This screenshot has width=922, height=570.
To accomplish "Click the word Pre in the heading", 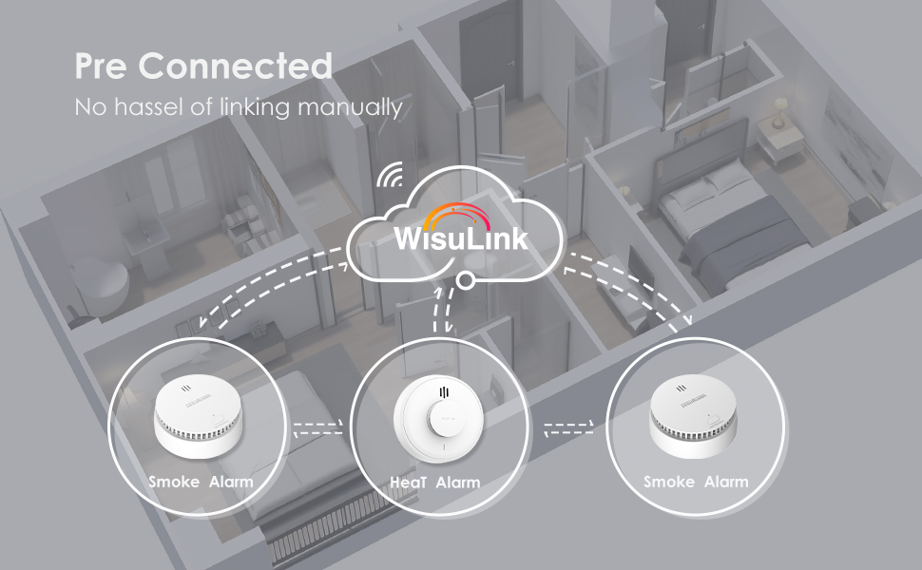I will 103,66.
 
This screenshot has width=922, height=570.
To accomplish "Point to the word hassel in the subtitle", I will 150,106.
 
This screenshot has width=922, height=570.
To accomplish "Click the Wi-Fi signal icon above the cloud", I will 390,175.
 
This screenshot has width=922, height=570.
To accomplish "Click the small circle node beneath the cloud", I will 465,280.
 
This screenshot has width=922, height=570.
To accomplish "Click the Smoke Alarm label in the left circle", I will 201,482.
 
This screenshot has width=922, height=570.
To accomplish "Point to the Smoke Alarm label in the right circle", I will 696,482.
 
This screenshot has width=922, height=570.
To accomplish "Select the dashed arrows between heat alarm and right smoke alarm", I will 567,427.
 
